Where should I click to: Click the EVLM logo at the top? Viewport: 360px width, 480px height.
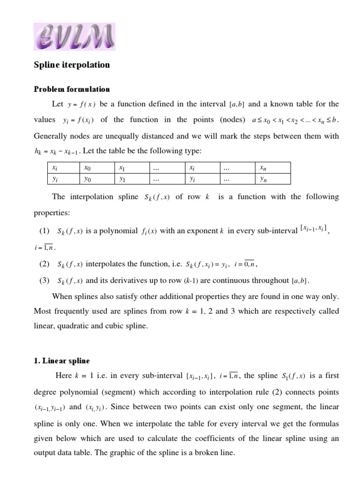pos(74,37)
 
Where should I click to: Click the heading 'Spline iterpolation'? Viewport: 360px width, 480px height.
pos(72,65)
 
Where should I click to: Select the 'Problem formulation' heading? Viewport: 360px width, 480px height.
pos(72,89)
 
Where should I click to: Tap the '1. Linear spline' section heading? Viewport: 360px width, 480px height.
pos(61,360)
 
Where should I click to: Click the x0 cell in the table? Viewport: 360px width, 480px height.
pos(88,167)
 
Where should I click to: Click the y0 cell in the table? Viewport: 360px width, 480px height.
pos(88,179)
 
